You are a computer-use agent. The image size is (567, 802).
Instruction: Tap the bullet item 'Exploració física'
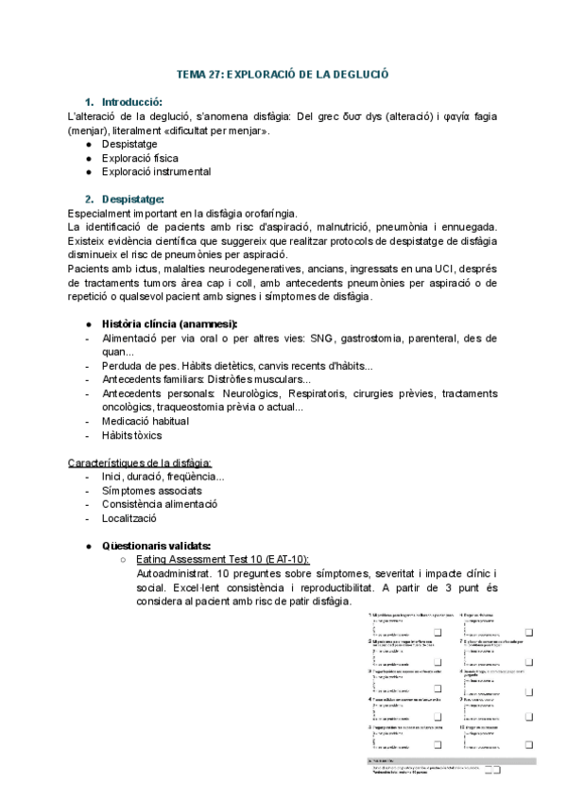tap(140, 158)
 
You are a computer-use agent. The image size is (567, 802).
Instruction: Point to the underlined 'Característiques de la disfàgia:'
tap(140, 462)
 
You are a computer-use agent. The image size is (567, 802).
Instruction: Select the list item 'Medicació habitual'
tap(146, 421)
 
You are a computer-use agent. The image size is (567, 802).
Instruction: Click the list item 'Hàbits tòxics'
tap(131, 435)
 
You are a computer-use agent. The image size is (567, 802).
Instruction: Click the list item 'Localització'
tap(129, 518)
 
